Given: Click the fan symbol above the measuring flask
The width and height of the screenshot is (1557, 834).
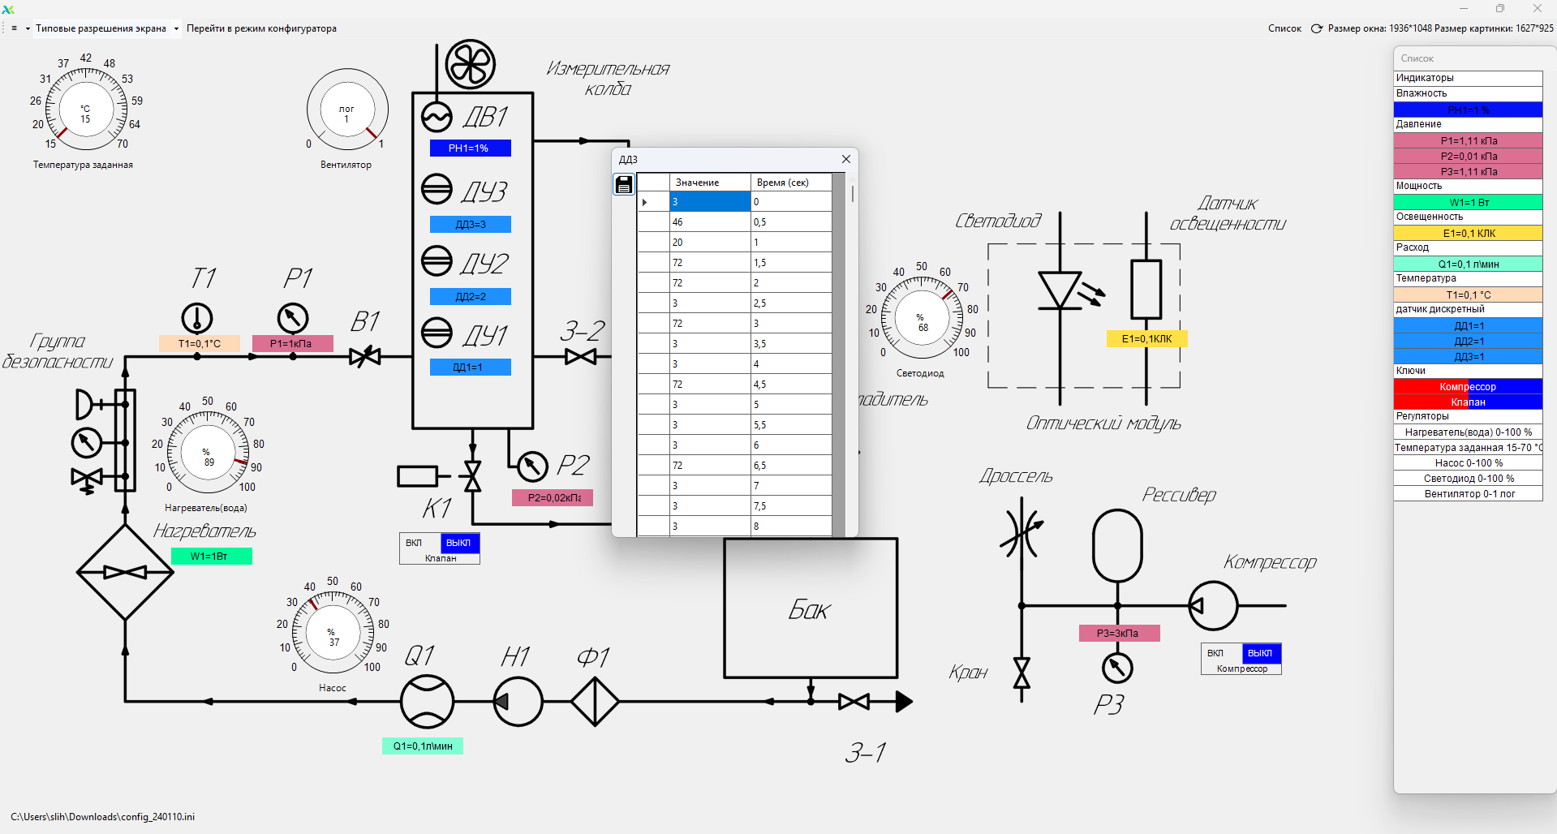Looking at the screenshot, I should click(470, 64).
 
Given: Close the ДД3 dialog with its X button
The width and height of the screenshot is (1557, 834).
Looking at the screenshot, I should click(846, 159).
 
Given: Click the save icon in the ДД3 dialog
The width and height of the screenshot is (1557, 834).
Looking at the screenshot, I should click(623, 185).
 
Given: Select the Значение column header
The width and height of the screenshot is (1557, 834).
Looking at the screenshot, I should click(709, 183).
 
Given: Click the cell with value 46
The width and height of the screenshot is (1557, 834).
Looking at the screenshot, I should click(709, 222).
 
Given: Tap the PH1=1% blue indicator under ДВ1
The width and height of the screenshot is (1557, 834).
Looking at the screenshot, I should click(470, 148).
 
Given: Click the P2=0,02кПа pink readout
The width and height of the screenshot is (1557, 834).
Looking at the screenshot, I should click(553, 497).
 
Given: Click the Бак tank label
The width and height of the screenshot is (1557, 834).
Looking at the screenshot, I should click(809, 610).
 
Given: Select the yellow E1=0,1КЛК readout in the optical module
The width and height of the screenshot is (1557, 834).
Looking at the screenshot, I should click(1146, 339).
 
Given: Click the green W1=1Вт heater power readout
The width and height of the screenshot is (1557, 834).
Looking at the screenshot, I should click(211, 557).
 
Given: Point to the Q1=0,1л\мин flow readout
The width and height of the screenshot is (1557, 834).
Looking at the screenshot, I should click(423, 746).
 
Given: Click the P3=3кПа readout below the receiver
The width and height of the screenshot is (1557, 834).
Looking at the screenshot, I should click(1118, 634).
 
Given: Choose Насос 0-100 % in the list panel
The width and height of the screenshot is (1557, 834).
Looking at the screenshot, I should click(1468, 463).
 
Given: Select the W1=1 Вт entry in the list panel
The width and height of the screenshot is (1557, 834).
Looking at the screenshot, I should click(1468, 202).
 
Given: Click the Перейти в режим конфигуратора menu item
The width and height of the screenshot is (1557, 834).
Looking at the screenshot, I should click(261, 28).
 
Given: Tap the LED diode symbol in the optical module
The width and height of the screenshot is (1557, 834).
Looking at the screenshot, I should click(1060, 290).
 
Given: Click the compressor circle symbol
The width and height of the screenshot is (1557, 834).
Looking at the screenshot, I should click(1213, 605).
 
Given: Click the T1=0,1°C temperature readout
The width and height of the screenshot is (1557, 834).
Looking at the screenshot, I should click(200, 344).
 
